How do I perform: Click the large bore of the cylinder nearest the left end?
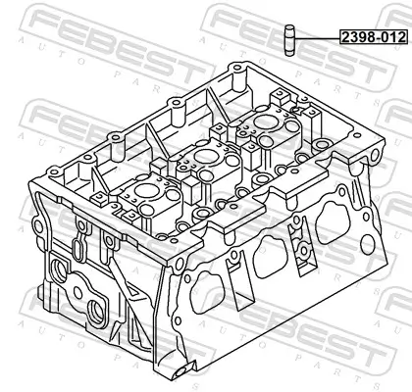[140, 192]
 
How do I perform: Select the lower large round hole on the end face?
[98, 314]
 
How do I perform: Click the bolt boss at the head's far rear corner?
[235, 73]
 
